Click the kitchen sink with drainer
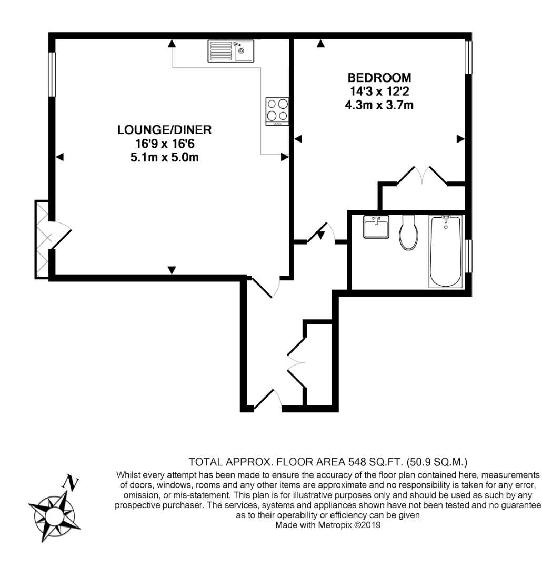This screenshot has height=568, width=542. (232, 51)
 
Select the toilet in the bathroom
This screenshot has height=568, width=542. (408, 232)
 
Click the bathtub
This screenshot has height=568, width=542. (446, 252)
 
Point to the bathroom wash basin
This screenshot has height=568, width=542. (376, 227)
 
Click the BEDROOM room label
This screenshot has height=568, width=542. (379, 77)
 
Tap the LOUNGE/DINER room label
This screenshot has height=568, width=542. (164, 130)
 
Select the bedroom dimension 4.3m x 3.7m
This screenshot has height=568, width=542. (379, 105)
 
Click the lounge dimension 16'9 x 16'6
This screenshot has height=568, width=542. (165, 144)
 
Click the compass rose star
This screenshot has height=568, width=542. (54, 515)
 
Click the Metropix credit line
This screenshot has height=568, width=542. (328, 525)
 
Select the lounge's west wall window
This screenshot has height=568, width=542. (52, 75)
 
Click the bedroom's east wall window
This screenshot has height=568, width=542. (468, 57)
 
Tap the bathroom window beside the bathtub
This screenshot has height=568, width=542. (468, 256)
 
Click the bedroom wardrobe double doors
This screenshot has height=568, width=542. (422, 175)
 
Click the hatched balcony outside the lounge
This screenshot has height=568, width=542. (42, 239)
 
